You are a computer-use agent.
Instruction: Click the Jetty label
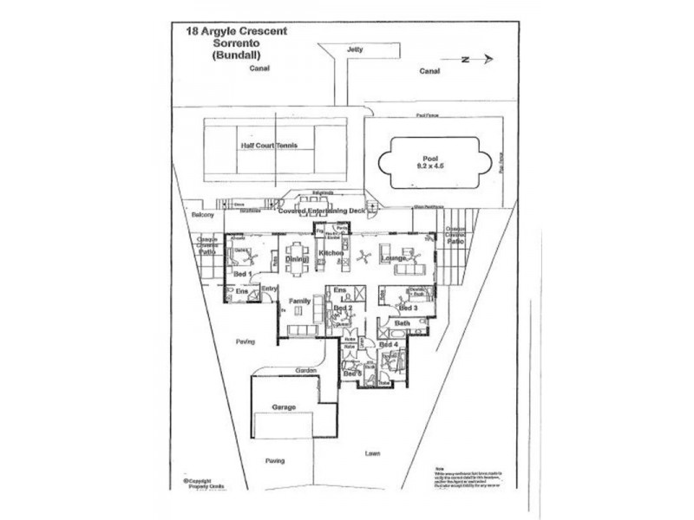pos(353,49)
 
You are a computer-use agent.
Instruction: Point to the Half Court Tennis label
pos(269,146)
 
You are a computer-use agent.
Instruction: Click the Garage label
pos(284,406)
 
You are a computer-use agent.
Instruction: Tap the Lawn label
pos(372,453)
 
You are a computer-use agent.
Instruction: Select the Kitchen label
pos(331,252)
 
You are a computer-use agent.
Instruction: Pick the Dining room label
pos(298,258)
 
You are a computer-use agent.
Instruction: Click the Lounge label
pos(394,258)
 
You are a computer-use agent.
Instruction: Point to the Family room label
pos(300,300)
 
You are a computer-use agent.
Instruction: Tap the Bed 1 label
pos(243,274)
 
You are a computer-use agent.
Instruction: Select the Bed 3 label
pos(408,308)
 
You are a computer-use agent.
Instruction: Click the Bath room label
pos(402,323)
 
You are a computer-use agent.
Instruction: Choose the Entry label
pos(269,289)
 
